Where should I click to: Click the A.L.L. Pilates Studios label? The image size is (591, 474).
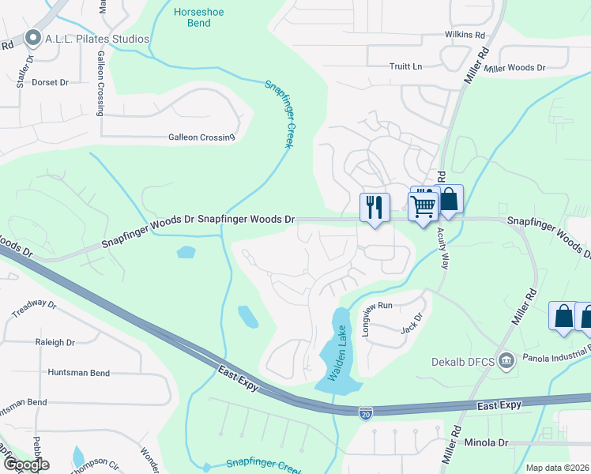pyautogui.click(x=98, y=39)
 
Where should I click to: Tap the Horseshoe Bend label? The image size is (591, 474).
pyautogui.click(x=194, y=17)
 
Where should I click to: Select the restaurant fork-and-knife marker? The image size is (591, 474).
pyautogui.click(x=375, y=207)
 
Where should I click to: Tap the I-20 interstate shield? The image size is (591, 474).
pyautogui.click(x=365, y=412)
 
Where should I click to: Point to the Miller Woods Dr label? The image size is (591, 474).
pyautogui.click(x=515, y=69)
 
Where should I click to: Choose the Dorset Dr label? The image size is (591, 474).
pyautogui.click(x=51, y=81)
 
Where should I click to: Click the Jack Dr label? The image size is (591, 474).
pyautogui.click(x=412, y=323)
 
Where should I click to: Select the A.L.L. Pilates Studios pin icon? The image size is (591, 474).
pyautogui.click(x=32, y=38)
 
